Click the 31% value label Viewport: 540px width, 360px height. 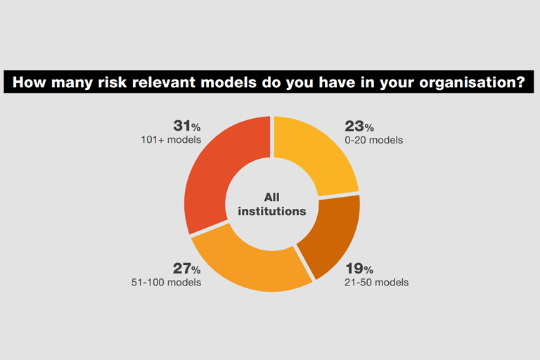tap(187, 126)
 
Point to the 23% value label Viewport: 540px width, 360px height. tap(359, 127)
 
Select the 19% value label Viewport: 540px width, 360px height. tap(359, 269)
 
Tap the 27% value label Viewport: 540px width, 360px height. tap(186, 269)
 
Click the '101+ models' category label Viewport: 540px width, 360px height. tap(171, 140)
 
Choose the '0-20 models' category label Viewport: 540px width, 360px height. tap(373, 140)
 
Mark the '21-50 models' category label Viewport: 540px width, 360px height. tap(376, 283)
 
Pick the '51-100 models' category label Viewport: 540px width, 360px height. tap(166, 283)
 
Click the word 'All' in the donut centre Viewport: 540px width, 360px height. tap(271, 198)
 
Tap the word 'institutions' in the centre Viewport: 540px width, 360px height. tap(271, 211)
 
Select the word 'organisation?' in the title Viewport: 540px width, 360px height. tap(472, 83)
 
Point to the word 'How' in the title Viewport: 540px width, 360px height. tap(29, 82)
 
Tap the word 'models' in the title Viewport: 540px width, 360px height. tap(229, 82)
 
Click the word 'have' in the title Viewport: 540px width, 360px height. tap(337, 82)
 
